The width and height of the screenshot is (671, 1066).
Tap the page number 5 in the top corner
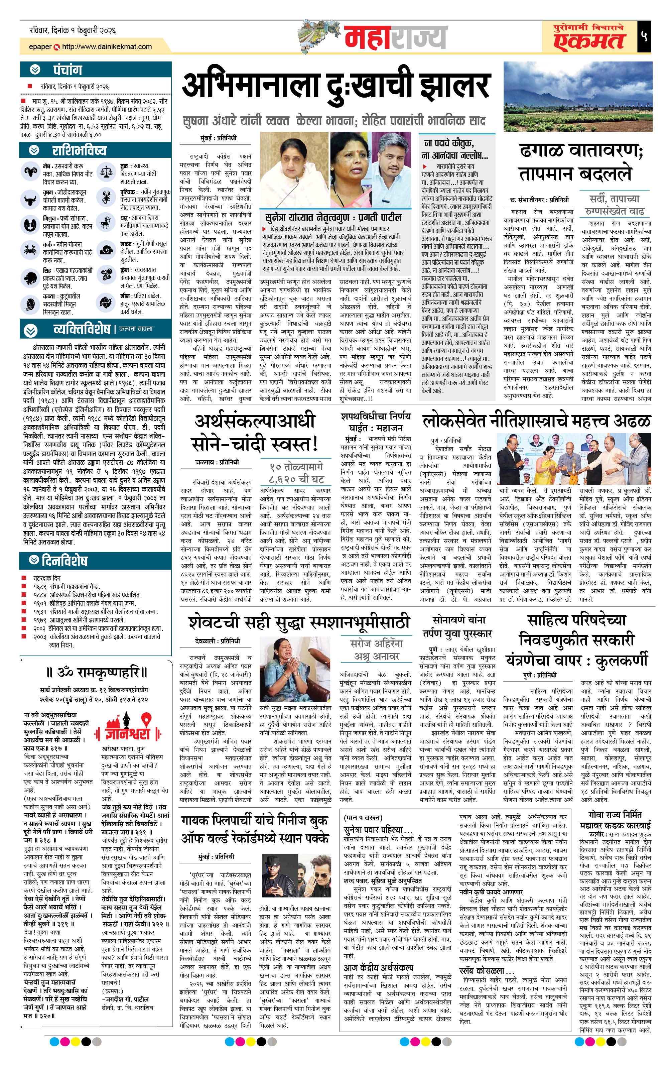644,37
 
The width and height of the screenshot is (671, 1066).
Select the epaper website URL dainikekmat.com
107,46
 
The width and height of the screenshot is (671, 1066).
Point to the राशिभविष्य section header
79,150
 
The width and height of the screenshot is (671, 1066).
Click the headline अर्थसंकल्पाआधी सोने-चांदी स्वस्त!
255,433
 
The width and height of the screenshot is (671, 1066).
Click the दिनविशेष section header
64,561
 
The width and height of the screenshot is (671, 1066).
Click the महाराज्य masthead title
395,38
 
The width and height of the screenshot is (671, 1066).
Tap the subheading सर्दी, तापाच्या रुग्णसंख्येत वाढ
614,204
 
